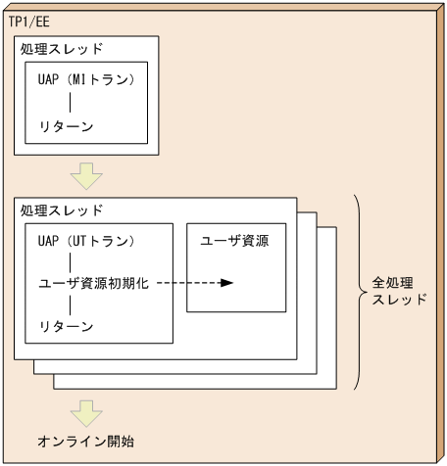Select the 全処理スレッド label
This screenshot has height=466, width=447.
[x=399, y=291]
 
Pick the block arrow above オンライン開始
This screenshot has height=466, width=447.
[x=87, y=409]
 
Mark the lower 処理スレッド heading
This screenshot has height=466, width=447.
[x=62, y=210]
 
